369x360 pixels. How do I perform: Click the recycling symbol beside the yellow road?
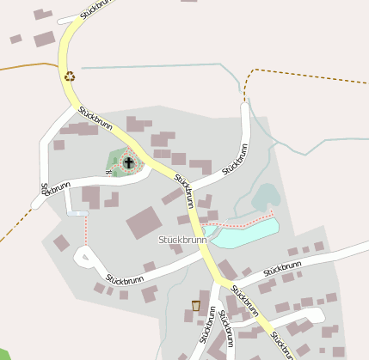point(70,76)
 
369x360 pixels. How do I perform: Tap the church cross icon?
point(129,162)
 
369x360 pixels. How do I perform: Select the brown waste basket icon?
point(196,305)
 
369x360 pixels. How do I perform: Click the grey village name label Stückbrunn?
point(182,240)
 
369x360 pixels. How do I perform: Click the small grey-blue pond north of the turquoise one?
point(266,197)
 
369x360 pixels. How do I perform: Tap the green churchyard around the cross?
point(118,160)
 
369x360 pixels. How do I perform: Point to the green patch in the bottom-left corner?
point(4,355)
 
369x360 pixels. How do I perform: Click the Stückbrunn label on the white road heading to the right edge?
point(282,268)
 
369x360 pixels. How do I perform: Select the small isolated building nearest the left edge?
point(15,39)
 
